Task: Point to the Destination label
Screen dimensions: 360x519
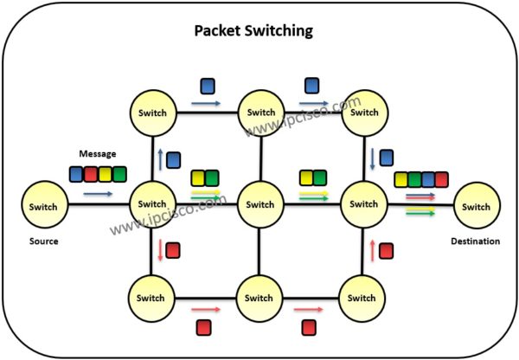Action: [x=475, y=241]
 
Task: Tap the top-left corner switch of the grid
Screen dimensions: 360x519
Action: [x=154, y=112]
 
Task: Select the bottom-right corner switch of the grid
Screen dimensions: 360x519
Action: [x=362, y=298]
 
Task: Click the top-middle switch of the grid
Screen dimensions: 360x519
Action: [x=260, y=112]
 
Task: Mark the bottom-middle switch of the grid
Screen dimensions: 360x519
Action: [x=259, y=298]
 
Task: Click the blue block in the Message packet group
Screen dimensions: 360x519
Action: [x=76, y=174]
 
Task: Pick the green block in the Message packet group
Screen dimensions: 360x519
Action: [x=119, y=174]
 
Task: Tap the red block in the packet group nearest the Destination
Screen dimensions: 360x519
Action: [x=442, y=180]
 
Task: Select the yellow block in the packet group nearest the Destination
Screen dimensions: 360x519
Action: [x=400, y=180]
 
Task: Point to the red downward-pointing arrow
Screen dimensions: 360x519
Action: [x=158, y=251]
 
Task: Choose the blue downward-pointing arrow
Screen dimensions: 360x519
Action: [x=372, y=158]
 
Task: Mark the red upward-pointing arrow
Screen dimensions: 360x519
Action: [x=372, y=251]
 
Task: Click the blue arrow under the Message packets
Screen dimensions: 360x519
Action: [x=98, y=195]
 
